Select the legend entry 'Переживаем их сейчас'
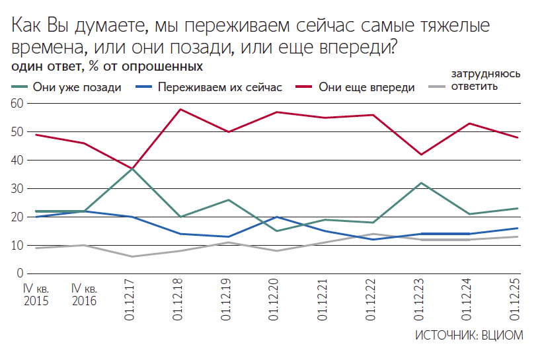tap(219, 87)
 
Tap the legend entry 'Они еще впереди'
tap(366, 87)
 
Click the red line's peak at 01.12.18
tap(180, 109)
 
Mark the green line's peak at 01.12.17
tap(132, 168)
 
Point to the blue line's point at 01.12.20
tap(277, 217)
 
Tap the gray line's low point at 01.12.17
tap(132, 256)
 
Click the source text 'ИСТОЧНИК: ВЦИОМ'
tap(469, 335)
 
